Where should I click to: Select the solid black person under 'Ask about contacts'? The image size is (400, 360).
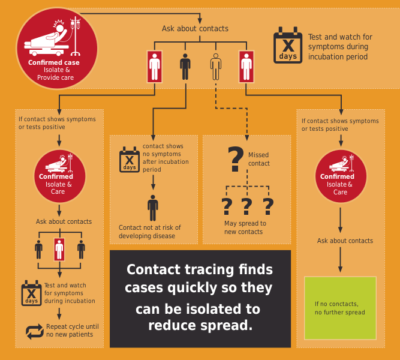point(185,67)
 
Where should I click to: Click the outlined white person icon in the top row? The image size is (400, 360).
point(215,67)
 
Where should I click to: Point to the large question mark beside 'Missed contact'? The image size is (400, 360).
point(236,159)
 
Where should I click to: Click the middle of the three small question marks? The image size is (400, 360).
point(246,206)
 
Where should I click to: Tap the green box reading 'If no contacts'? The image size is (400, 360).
point(340,307)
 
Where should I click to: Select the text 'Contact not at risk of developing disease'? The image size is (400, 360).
point(150,232)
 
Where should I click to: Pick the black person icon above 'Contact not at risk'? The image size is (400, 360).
point(153,208)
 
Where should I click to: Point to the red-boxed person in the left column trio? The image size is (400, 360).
point(59,248)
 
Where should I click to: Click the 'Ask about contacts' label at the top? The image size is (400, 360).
point(195,28)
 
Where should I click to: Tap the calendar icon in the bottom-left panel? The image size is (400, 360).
point(31,293)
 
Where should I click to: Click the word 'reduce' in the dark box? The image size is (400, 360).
point(173,326)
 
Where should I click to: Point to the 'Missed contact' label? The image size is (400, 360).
point(259,159)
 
